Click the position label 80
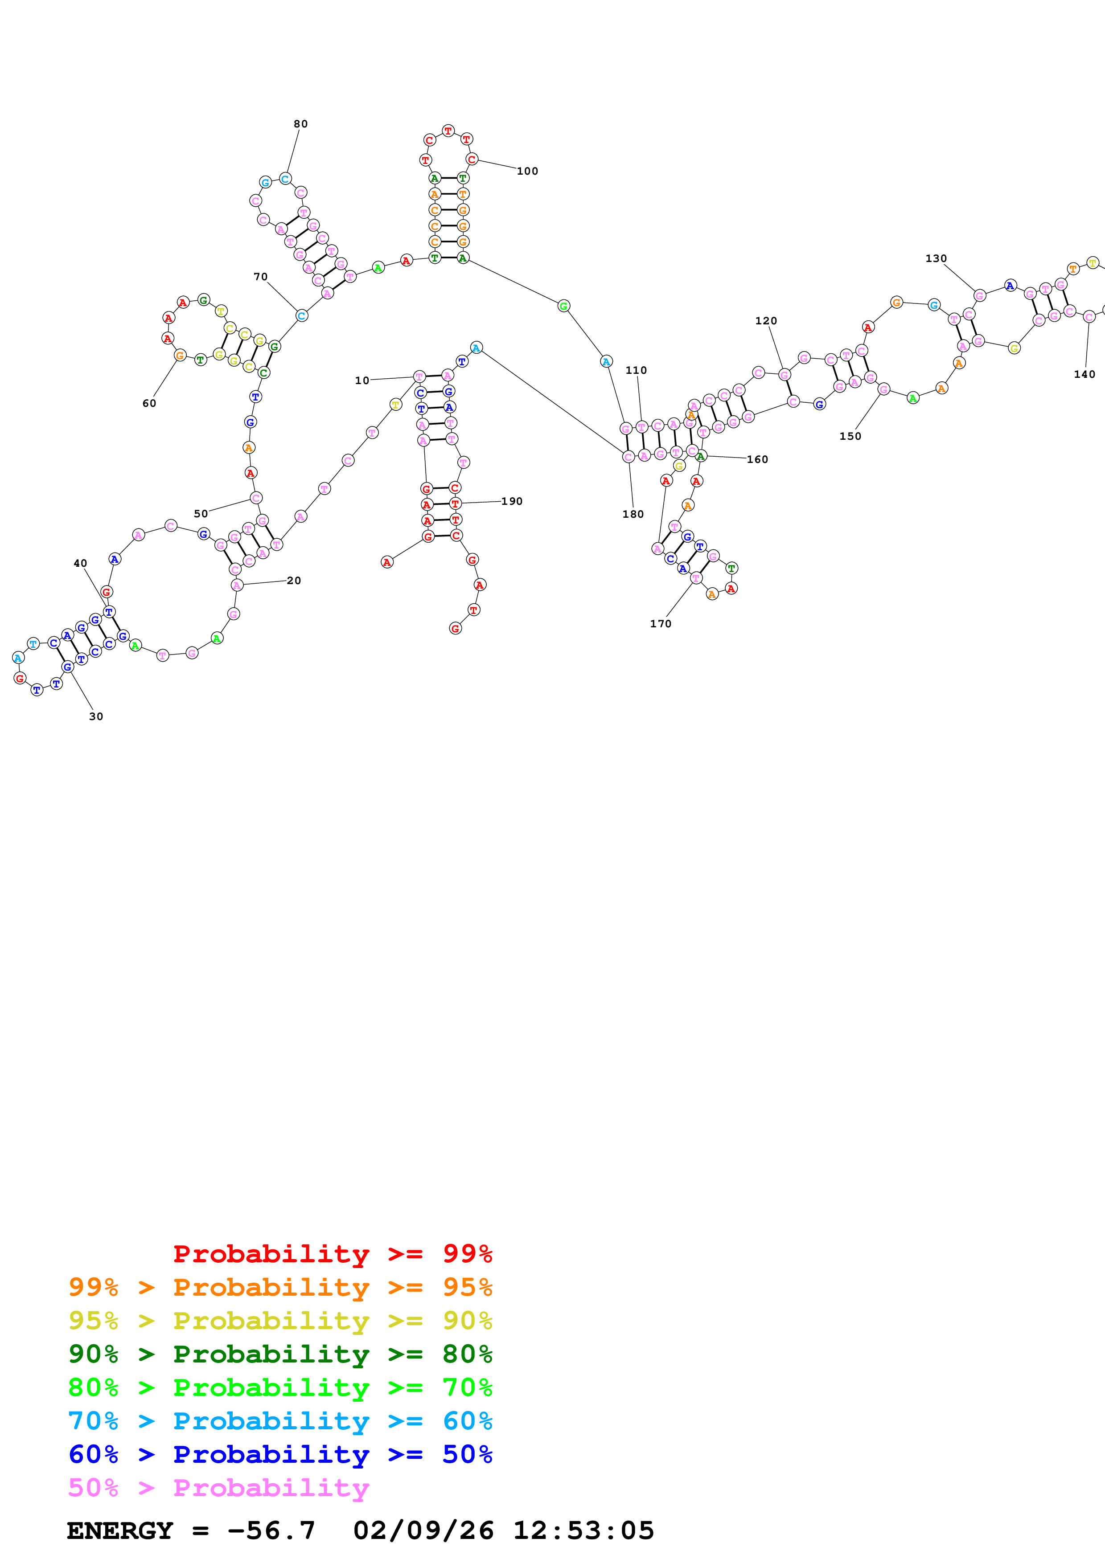(x=300, y=124)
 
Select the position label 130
(x=936, y=259)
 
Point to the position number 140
(x=1084, y=374)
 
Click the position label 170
(x=661, y=624)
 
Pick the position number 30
(x=96, y=716)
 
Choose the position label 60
(x=149, y=404)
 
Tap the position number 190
(x=512, y=501)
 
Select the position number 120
(x=766, y=321)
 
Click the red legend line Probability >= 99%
(x=332, y=1253)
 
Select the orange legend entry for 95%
(x=280, y=1287)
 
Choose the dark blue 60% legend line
(x=280, y=1454)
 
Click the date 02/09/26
(x=423, y=1530)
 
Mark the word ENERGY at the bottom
(x=120, y=1530)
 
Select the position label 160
(x=757, y=459)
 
